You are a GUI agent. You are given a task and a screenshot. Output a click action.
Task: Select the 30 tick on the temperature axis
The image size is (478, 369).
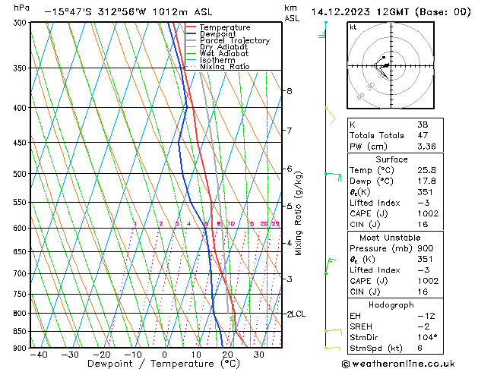coord(259,355)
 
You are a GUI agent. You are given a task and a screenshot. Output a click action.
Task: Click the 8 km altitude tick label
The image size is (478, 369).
coord(289,91)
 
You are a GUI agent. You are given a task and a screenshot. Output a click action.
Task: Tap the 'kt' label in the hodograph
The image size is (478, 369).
coord(353,27)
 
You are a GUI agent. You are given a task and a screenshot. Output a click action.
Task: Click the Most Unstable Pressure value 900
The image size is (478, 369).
coord(425,248)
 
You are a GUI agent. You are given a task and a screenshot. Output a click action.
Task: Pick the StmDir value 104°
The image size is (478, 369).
coord(427,337)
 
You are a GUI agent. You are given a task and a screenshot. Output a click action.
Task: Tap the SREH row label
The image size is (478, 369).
coord(362,326)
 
